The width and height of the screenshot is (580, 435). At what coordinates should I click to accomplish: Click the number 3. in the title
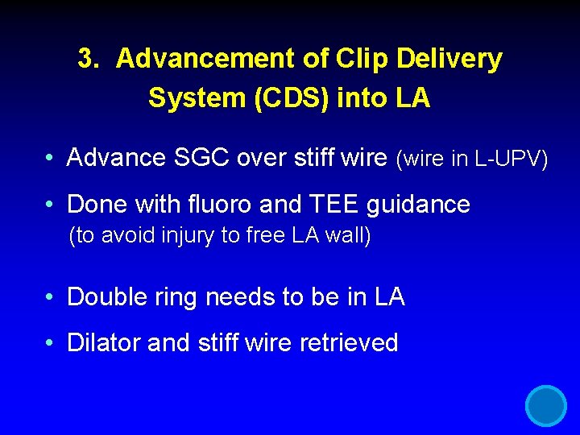[x=89, y=59]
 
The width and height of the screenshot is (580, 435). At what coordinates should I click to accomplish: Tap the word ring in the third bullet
[x=176, y=297]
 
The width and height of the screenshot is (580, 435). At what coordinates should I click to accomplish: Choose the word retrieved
[x=349, y=343]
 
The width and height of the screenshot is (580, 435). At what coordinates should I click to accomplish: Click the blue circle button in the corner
[x=546, y=405]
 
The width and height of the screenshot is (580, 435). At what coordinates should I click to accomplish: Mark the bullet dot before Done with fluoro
[x=50, y=205]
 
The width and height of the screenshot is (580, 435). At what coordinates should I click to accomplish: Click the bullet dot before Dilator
[x=50, y=344]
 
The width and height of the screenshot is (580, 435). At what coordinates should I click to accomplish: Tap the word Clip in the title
[x=355, y=59]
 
